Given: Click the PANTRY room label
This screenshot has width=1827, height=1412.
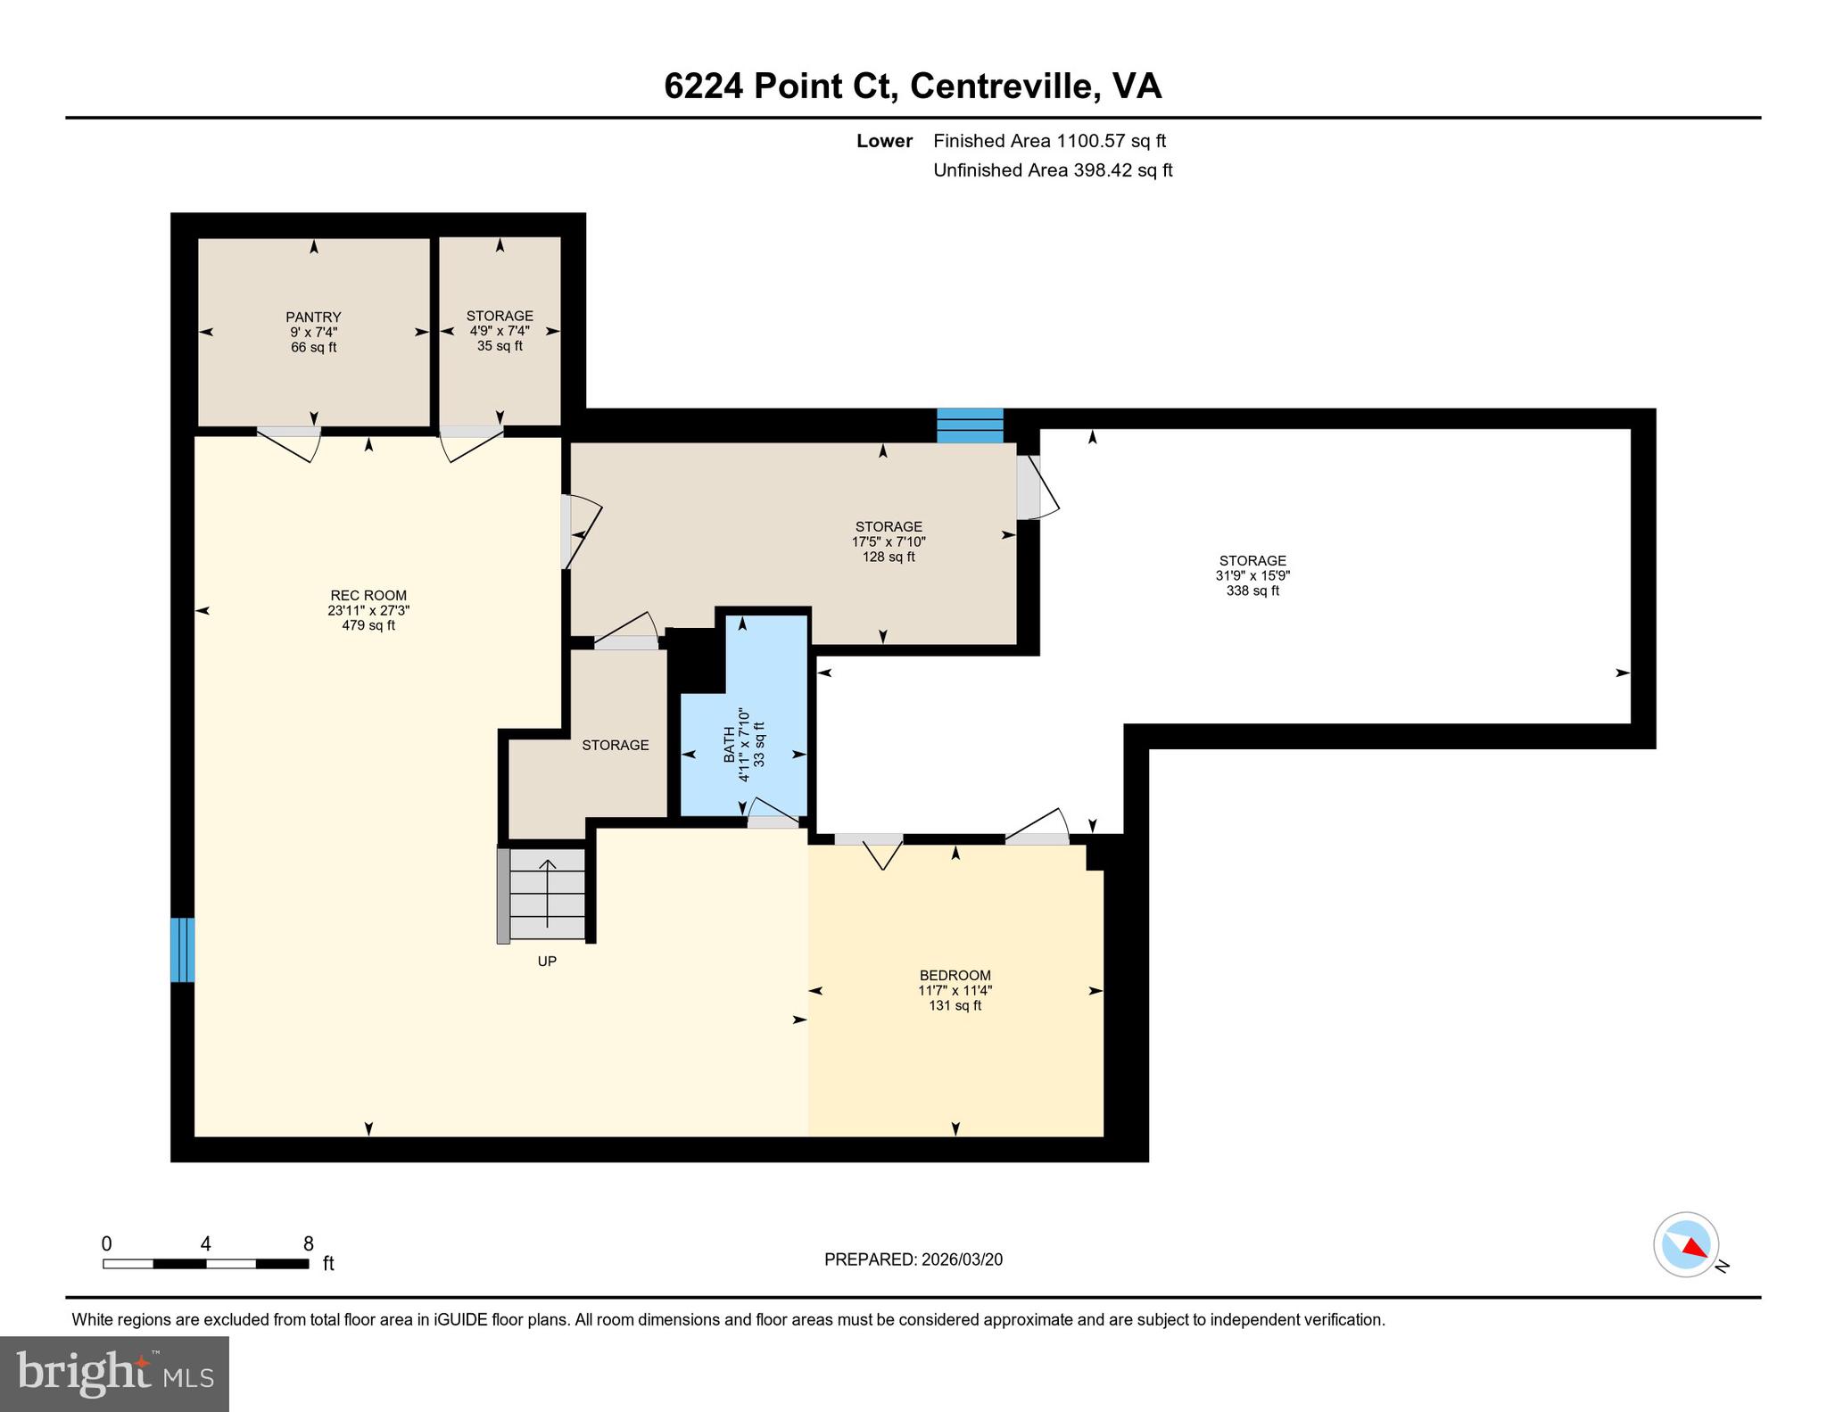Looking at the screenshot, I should pos(313,317).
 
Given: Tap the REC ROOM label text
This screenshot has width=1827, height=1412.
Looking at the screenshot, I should pos(368,596).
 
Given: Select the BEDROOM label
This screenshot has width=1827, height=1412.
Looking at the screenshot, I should pos(955,975).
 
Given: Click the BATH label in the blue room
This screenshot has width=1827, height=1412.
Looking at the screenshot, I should pos(729,745).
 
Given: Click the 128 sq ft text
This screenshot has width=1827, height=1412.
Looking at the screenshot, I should pos(888,557).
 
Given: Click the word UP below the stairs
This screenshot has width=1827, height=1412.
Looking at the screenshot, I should pos(547,962).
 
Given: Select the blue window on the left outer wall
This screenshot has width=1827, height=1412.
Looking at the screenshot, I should pos(182,950).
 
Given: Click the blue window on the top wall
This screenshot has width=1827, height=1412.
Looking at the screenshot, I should pos(970,425).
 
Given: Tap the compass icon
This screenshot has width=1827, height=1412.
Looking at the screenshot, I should pos(1686,1243).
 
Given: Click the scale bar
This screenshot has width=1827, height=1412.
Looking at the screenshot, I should pos(205,1263).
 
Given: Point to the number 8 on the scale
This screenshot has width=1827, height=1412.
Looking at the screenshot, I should pos(309,1243).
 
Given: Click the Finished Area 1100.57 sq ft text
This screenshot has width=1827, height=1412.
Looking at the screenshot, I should pos(1049,141).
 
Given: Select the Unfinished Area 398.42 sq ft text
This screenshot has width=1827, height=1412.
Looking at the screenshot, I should pos(1052,170).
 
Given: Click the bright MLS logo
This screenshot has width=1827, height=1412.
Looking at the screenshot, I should pos(114,1374).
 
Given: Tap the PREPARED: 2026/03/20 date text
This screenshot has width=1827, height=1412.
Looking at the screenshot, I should pos(913,1259).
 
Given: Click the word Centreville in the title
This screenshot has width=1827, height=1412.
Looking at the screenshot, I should pos(1001,87).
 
